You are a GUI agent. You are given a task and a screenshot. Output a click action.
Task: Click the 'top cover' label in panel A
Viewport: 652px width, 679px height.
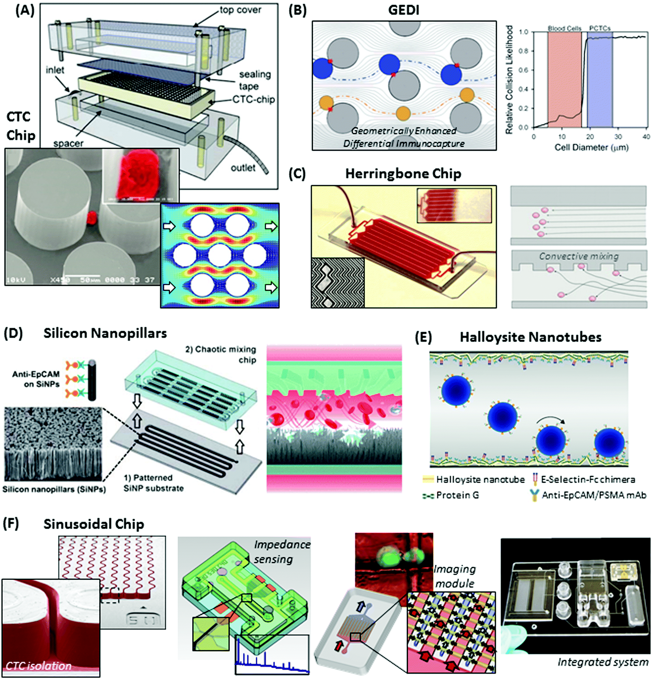coord(240,10)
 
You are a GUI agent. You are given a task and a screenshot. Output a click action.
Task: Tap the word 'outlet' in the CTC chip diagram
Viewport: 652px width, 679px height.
coord(243,168)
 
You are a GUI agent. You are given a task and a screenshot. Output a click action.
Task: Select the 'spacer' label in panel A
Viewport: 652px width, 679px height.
coord(68,143)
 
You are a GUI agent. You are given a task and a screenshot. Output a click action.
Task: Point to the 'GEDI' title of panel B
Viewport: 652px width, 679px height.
coord(403,10)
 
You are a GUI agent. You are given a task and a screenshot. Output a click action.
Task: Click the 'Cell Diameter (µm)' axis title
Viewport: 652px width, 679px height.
coord(591,147)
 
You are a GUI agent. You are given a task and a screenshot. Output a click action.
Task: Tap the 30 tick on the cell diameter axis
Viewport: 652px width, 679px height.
coord(618,137)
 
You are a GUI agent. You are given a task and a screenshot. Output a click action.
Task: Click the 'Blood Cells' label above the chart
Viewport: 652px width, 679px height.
coord(565,28)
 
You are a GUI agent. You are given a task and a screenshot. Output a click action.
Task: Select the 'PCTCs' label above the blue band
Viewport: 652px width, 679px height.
coord(600,28)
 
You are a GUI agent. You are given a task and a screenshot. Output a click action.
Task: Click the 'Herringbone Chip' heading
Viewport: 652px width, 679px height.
coord(403,174)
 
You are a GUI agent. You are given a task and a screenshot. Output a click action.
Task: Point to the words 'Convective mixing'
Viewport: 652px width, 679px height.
coord(579,256)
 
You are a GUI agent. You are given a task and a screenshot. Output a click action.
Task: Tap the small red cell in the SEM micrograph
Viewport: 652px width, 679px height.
coord(91,218)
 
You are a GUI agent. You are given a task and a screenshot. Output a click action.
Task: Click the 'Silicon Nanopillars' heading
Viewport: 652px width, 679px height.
coord(105,333)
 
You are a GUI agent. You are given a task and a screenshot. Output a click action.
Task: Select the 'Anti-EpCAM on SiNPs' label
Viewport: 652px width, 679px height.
coord(36,379)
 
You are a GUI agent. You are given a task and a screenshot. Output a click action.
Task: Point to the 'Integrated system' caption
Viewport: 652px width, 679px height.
coord(603,662)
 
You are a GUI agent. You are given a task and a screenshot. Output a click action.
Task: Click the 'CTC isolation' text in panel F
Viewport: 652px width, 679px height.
coord(39,666)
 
